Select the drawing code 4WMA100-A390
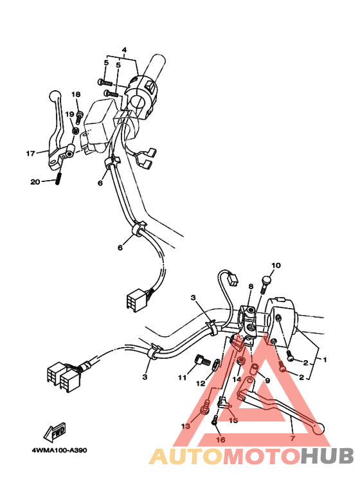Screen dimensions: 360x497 [60, 451]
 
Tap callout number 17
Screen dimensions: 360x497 [30, 154]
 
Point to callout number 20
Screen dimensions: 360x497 [35, 182]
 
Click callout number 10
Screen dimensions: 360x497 [276, 266]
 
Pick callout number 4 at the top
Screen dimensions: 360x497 [124, 50]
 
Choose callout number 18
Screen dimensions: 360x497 [76, 95]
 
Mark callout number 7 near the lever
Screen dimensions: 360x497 [292, 438]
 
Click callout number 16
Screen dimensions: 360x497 [221, 439]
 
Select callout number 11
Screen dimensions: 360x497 [182, 377]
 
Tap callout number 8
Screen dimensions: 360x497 [251, 287]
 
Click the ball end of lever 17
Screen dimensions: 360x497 [55, 95]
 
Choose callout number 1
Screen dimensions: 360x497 [325, 360]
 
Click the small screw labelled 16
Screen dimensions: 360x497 [214, 421]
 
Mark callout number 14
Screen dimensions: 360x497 [237, 379]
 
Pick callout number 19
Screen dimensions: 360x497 [69, 114]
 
